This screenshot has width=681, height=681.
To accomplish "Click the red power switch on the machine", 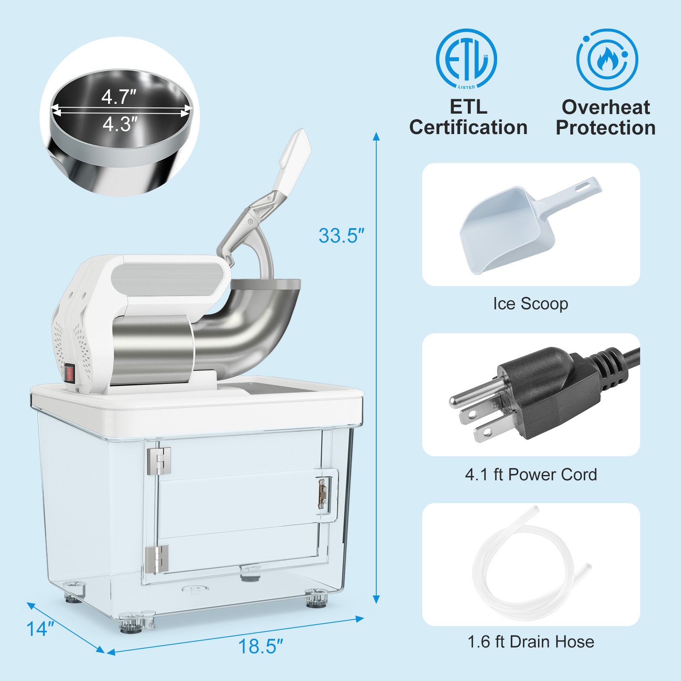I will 70,373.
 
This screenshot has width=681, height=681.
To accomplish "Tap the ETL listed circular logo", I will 466,59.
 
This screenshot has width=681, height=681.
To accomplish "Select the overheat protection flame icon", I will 607,59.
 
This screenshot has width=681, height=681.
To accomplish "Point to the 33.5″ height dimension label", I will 341,236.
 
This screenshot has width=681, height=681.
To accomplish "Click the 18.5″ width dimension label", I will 260,647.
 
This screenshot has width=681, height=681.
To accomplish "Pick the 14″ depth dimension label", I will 40,629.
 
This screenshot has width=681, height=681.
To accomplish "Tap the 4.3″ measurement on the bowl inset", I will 120,124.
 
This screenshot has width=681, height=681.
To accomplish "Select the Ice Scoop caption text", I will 530,304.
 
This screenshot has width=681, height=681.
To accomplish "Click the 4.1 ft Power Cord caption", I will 531,475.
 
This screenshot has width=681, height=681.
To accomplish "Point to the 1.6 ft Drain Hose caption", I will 531,641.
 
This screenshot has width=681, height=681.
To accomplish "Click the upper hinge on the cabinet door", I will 159,461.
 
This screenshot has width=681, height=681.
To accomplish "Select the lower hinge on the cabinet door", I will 157,558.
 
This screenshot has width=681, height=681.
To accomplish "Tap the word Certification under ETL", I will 468,127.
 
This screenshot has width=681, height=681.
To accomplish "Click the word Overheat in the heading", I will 606,107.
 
